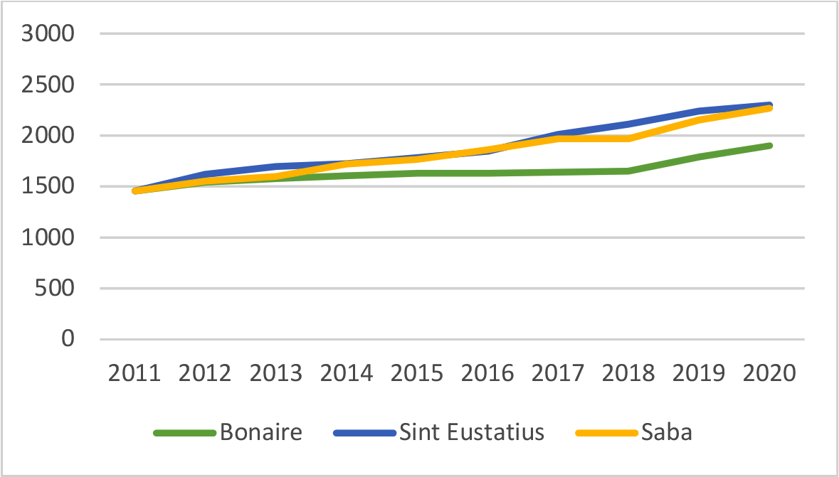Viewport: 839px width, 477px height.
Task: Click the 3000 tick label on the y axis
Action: point(48,34)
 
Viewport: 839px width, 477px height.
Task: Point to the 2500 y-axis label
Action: point(48,85)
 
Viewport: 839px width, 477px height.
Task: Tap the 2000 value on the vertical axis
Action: point(48,136)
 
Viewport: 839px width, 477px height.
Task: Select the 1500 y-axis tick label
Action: point(48,187)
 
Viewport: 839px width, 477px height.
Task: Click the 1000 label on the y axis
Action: point(48,238)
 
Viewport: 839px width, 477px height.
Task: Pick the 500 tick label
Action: point(58,289)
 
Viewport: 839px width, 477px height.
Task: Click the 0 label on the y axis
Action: point(68,340)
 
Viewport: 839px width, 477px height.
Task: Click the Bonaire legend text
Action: point(260,432)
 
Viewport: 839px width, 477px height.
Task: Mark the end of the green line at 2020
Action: point(769,146)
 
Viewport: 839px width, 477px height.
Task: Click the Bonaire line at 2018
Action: point(628,171)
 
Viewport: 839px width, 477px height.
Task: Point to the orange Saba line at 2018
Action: point(628,138)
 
